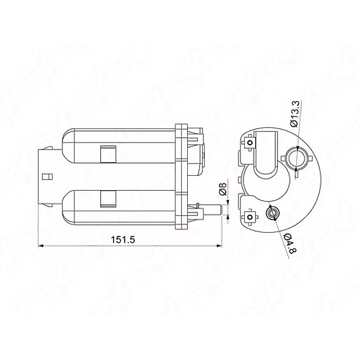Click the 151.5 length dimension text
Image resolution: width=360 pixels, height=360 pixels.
tap(123, 239)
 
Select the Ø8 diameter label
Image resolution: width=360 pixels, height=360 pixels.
tap(223, 189)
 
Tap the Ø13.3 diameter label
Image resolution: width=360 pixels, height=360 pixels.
tap(295, 114)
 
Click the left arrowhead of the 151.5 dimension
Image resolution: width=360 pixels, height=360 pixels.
tap(41, 246)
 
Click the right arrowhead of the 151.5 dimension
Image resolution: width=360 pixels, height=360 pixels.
tap(220, 246)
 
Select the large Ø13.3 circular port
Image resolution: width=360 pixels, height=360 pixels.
tap(296, 158)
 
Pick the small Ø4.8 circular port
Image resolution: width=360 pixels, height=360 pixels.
tap(272, 213)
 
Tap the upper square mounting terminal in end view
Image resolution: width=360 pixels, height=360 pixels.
tap(250, 143)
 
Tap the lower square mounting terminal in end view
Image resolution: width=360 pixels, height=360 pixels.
tap(250, 217)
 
